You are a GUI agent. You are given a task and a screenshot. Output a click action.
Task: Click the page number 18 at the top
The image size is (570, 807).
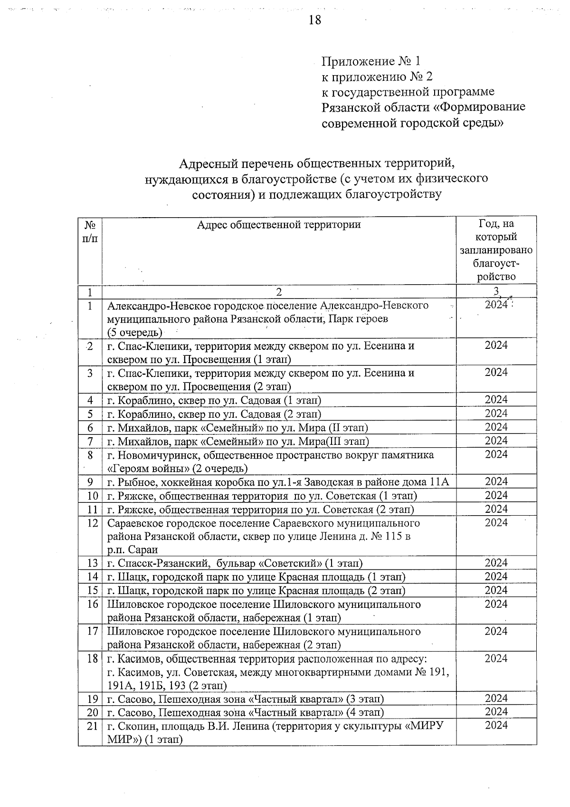tap(315, 19)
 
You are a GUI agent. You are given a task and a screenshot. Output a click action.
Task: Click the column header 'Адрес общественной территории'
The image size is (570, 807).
tap(279, 224)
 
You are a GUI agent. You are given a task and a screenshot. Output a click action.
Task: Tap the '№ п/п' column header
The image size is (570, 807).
tap(90, 231)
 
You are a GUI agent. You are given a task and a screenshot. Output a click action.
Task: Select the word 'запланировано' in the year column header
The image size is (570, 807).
tap(496, 250)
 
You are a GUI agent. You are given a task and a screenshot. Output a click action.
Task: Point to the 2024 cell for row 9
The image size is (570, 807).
tap(496, 481)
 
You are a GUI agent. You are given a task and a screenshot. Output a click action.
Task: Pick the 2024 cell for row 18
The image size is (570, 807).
tap(496, 658)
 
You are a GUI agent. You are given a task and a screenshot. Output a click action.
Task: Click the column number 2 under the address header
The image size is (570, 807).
tap(279, 291)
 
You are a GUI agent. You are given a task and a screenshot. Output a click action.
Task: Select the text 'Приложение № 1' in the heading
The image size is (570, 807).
tap(370, 61)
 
